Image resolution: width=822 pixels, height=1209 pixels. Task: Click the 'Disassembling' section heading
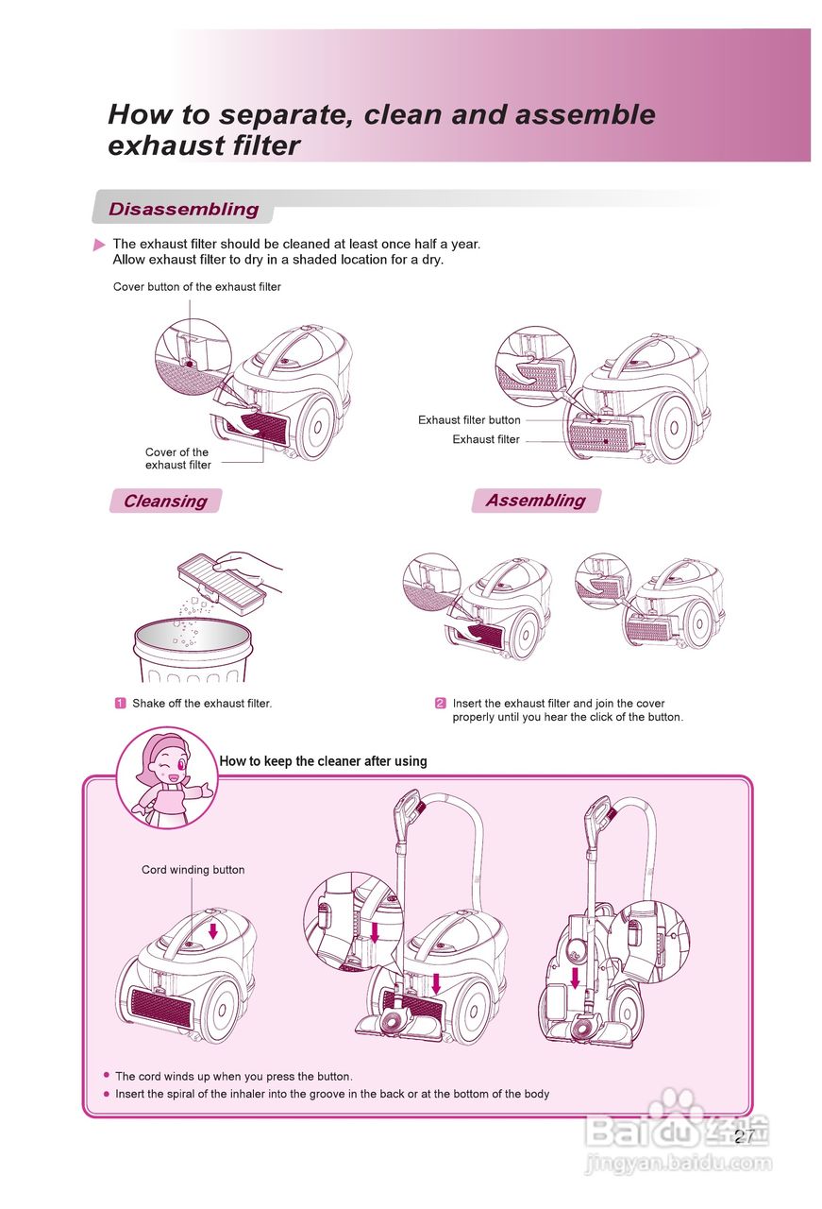tap(183, 209)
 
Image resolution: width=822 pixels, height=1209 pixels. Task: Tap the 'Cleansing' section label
tap(165, 501)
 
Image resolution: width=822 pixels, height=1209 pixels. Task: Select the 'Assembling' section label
tap(535, 500)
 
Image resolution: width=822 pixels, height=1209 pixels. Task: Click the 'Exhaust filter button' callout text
tap(469, 420)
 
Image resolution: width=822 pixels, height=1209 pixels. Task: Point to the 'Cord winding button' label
tap(193, 870)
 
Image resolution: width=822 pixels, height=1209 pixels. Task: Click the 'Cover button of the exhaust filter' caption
tap(197, 287)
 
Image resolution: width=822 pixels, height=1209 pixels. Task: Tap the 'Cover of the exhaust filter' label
tap(178, 458)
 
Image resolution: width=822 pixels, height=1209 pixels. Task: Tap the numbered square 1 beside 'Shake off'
tap(121, 703)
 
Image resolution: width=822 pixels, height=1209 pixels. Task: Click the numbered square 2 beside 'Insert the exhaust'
tap(441, 703)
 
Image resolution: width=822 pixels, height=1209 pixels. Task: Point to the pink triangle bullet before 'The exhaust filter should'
tap(99, 245)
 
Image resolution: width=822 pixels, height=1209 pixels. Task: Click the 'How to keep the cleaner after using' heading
tap(323, 761)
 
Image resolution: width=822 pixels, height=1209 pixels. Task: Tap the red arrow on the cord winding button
tap(213, 930)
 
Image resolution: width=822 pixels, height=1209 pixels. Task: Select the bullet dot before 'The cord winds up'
tap(107, 1076)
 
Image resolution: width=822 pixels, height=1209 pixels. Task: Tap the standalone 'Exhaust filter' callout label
tap(486, 439)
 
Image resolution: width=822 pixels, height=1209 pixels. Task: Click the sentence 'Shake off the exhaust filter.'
tap(202, 703)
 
